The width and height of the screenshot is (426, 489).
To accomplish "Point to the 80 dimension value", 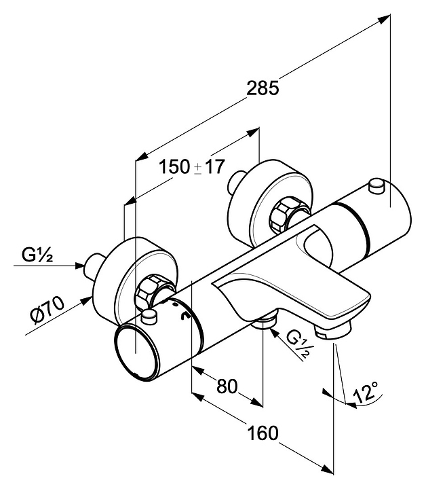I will [x=226, y=386].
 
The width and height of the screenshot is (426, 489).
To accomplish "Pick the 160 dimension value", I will [x=263, y=433].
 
